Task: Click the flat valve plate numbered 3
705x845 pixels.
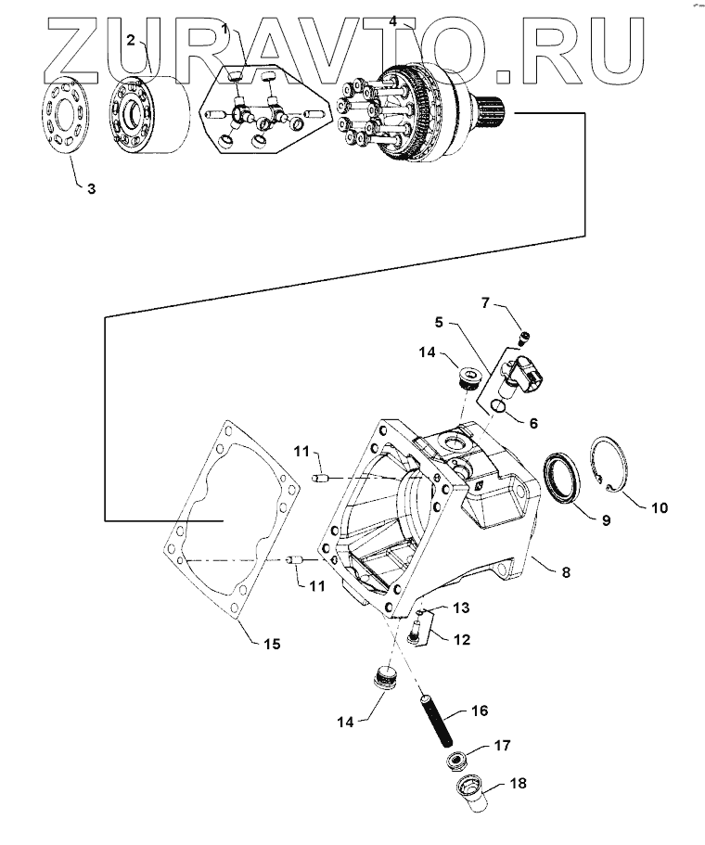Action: click(x=66, y=116)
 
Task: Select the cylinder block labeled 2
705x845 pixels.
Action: click(x=148, y=115)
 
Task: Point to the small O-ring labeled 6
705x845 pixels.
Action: click(x=499, y=405)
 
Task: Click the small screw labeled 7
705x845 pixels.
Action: click(x=524, y=338)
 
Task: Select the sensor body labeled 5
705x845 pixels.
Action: click(x=518, y=375)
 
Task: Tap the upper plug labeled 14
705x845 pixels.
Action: click(x=468, y=379)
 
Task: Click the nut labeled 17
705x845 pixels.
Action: click(x=458, y=762)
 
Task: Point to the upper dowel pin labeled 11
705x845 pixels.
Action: click(x=321, y=478)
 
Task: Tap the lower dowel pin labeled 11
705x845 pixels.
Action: click(x=297, y=561)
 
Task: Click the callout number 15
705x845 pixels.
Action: click(x=272, y=644)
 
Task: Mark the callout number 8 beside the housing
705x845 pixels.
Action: click(x=566, y=571)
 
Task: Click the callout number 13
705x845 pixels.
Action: click(x=461, y=608)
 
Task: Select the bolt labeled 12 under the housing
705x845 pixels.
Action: click(x=414, y=631)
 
